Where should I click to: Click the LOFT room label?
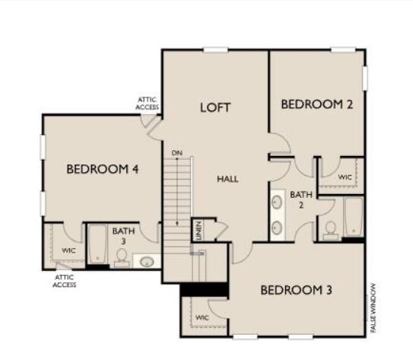point(215,107)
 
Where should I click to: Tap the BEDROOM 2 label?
point(316,105)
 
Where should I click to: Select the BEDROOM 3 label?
point(296,290)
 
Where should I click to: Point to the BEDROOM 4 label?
point(102,169)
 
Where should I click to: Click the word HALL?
point(227,179)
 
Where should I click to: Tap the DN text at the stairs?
point(177,153)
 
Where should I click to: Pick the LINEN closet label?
point(198,228)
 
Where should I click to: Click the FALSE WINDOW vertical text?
point(374,305)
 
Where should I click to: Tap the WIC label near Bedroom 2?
point(345,177)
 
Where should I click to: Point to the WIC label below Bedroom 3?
point(202,317)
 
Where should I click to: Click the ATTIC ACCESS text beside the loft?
point(147,104)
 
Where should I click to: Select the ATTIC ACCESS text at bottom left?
point(64,282)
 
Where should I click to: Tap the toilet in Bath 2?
point(331,229)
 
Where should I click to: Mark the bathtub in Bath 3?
point(97,244)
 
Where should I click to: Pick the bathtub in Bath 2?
point(353,217)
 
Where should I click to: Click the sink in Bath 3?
point(147,262)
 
